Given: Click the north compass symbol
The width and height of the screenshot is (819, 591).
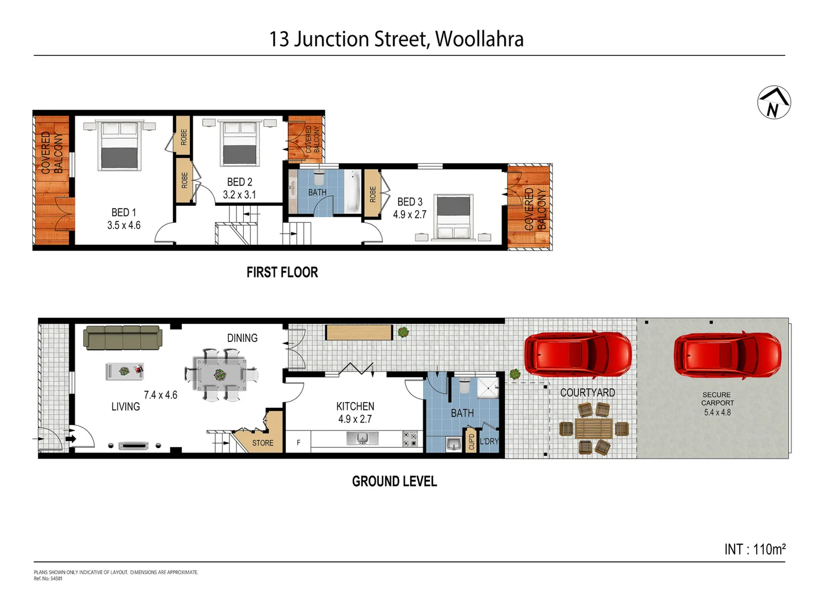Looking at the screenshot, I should [x=774, y=102].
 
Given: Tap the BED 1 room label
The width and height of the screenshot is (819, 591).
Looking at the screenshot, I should [x=123, y=212].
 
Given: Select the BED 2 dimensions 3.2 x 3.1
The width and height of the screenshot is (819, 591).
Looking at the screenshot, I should [x=239, y=195].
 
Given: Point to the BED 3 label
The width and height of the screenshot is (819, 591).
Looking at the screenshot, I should [x=409, y=202].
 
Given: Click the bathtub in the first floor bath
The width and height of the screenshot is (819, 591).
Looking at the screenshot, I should [x=352, y=192].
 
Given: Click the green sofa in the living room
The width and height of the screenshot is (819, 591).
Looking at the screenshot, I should [x=123, y=338].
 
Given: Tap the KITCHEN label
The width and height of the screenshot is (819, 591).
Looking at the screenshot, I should [x=355, y=406].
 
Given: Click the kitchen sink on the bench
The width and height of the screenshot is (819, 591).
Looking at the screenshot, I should [x=362, y=438].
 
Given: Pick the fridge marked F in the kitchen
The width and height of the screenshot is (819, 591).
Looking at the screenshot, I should [x=298, y=442].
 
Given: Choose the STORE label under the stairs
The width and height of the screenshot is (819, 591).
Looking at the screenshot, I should [x=263, y=443].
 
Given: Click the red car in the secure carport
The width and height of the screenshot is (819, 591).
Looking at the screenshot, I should [x=727, y=355].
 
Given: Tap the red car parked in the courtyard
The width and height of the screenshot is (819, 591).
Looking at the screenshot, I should [x=578, y=354].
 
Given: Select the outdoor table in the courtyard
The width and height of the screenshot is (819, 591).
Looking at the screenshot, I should [x=594, y=428].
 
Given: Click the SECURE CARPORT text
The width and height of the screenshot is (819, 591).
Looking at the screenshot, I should [x=717, y=398].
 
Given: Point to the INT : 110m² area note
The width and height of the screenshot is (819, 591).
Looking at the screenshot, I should [x=754, y=549].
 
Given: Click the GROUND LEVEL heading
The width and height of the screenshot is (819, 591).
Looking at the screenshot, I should [x=394, y=482].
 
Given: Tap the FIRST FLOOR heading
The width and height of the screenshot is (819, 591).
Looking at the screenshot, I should [x=282, y=272].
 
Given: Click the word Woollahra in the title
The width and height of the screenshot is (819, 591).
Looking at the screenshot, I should [x=479, y=39].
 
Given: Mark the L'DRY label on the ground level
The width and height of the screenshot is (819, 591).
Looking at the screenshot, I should [x=489, y=441].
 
